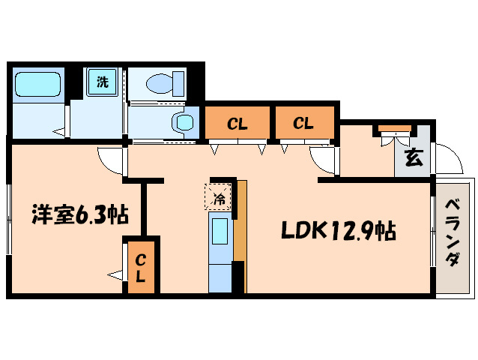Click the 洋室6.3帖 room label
pyautogui.click(x=79, y=215)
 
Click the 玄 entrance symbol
pyautogui.click(x=413, y=157)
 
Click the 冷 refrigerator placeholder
pyautogui.click(x=220, y=199)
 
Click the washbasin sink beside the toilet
pyautogui.click(x=182, y=122)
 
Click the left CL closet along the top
pyautogui.click(x=238, y=123)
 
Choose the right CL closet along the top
pyautogui.click(x=303, y=123)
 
